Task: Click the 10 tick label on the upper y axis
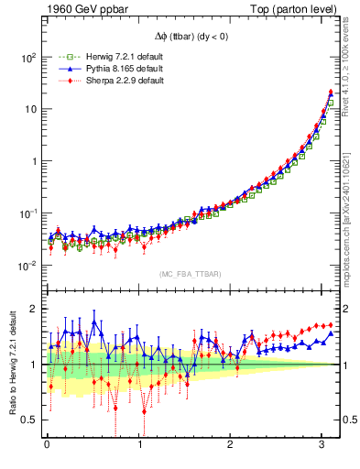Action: [29, 109]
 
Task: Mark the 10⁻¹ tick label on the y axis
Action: [27, 213]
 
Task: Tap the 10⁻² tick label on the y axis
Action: [27, 266]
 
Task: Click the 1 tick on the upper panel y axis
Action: [33, 161]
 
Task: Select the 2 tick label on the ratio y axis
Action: [34, 309]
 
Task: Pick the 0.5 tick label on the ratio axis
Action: [30, 420]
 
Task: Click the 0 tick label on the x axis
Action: [48, 446]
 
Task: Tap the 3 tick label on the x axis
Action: [323, 446]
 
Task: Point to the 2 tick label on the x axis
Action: [232, 446]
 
